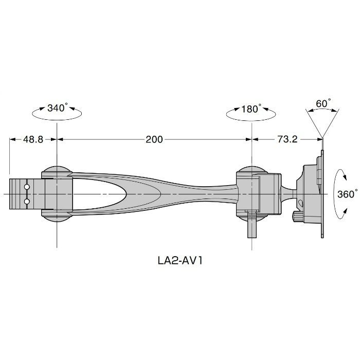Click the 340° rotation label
tap(58, 107)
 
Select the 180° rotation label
tap(251, 109)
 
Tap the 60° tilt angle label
tap(323, 103)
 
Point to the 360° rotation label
tap(347, 194)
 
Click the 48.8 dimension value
tap(33, 139)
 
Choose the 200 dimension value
tap(154, 139)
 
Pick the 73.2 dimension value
tap(287, 139)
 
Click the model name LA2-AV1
tap(180, 261)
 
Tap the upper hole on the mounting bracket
tap(27, 187)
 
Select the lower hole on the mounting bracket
tap(27, 202)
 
